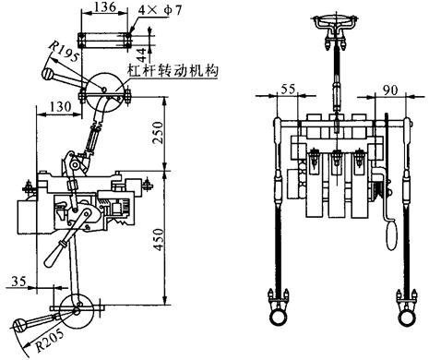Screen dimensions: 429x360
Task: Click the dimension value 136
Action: point(105,6)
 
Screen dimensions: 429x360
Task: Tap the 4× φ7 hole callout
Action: point(160,10)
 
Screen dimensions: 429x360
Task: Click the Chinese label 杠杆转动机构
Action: point(173,70)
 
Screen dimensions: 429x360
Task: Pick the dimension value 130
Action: point(60,107)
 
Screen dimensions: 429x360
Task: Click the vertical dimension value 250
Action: point(159,133)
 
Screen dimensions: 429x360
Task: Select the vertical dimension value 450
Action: point(159,239)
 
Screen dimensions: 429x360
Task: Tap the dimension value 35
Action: point(18,281)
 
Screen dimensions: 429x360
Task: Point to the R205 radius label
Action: point(51,340)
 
